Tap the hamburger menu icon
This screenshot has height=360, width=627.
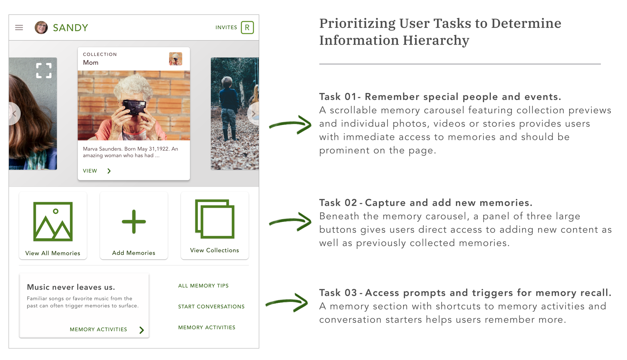19,27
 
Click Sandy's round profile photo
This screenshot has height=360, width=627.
41,27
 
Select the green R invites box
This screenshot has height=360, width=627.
247,27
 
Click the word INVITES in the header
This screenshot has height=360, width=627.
226,27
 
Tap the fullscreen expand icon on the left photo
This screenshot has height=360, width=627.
44,70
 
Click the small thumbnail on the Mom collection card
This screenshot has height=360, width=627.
176,59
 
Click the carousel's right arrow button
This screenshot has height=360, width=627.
253,114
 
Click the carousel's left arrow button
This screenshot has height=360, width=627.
14,114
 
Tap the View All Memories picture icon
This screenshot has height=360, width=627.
53,222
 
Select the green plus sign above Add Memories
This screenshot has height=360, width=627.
134,222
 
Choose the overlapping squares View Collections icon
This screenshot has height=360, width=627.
215,219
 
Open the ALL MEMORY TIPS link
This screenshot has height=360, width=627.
203,286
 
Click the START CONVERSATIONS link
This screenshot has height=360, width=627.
211,306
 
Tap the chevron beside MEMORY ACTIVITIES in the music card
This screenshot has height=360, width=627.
142,330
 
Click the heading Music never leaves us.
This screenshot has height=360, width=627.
71,287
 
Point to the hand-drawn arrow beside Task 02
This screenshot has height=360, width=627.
290,222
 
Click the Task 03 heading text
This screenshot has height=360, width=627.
465,293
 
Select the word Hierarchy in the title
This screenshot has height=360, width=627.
436,41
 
